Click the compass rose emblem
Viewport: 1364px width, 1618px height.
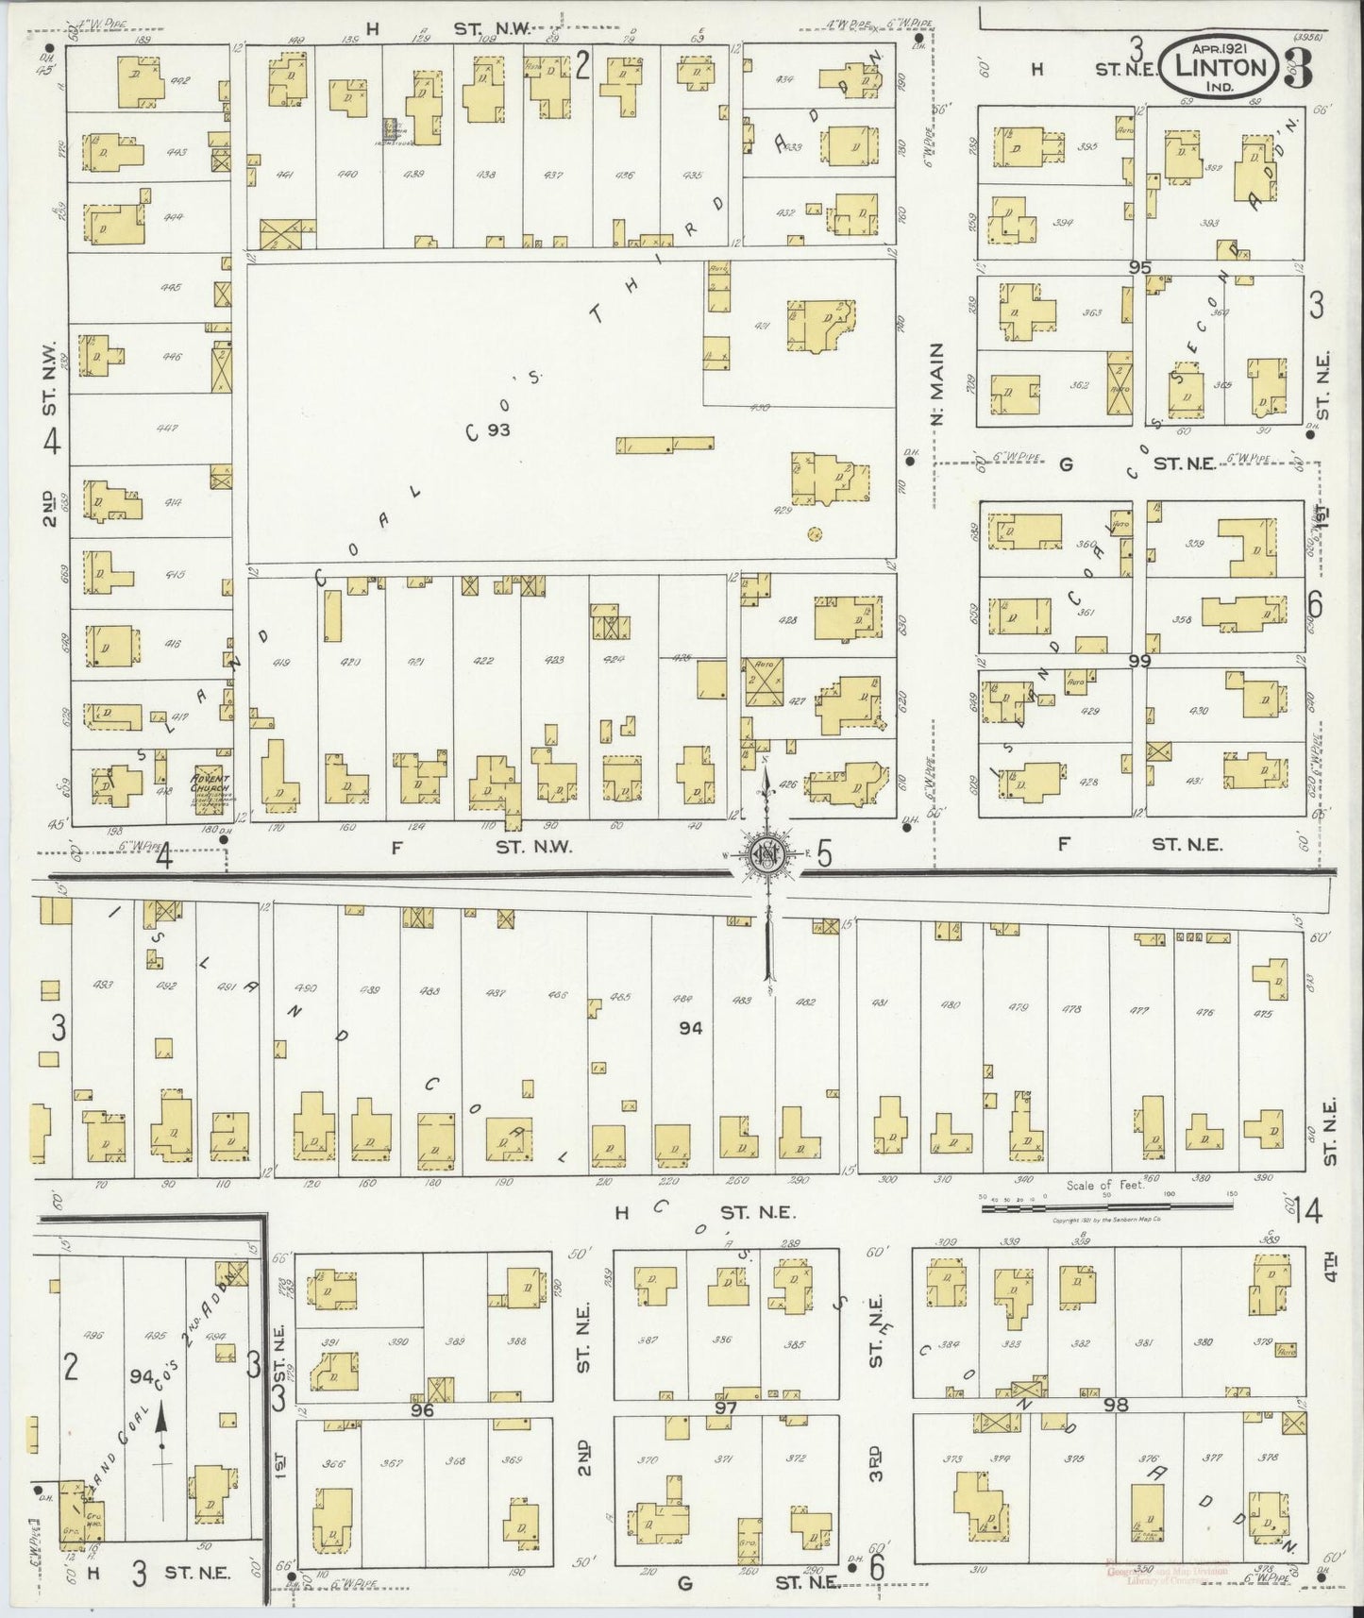(x=766, y=855)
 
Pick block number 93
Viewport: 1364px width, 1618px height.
(x=499, y=430)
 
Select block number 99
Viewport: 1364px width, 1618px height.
(x=1139, y=662)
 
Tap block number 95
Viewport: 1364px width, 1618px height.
(x=1139, y=267)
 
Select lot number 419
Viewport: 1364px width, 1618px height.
(x=281, y=662)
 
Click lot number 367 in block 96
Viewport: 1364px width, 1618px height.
(x=391, y=1463)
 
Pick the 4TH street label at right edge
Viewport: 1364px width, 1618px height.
(x=1329, y=1264)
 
